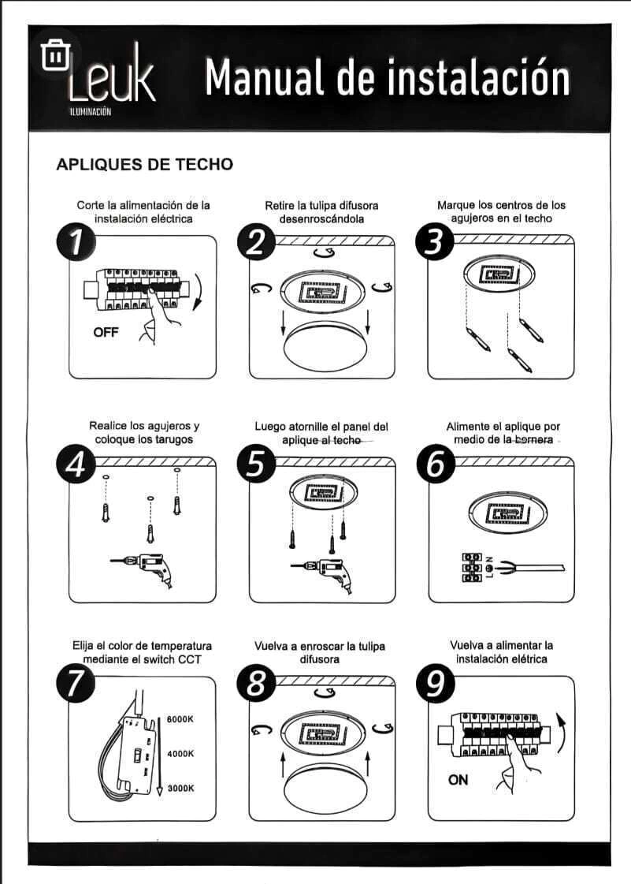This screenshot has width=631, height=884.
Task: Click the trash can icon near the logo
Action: pyautogui.click(x=55, y=54)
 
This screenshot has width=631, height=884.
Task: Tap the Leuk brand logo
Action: pyautogui.click(x=112, y=79)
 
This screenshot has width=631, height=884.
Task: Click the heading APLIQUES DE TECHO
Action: pyautogui.click(x=145, y=164)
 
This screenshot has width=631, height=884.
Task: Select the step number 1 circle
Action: pyautogui.click(x=76, y=244)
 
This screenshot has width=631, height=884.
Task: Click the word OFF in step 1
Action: pyautogui.click(x=106, y=332)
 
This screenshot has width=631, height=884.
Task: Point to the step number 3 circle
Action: pyautogui.click(x=434, y=244)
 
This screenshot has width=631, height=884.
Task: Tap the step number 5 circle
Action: pyautogui.click(x=256, y=464)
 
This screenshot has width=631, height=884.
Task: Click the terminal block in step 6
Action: pyautogui.click(x=472, y=567)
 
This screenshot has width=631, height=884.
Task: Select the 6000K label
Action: pyautogui.click(x=180, y=719)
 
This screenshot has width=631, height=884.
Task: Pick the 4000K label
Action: pyautogui.click(x=180, y=754)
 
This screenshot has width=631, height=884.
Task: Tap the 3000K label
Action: pyautogui.click(x=180, y=788)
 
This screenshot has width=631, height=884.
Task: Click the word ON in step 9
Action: pyautogui.click(x=458, y=780)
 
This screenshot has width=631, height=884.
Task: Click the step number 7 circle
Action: pyautogui.click(x=76, y=684)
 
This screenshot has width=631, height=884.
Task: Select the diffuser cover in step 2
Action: pyautogui.click(x=325, y=347)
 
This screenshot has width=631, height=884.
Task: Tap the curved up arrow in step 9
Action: pyautogui.click(x=561, y=732)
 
